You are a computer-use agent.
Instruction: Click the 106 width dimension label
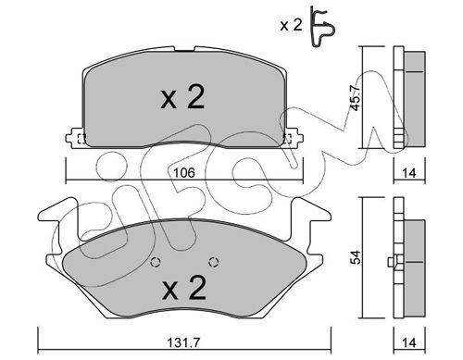183,173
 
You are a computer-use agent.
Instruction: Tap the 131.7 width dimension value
183,341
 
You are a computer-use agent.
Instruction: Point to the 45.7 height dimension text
356,97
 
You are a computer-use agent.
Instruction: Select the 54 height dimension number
356,257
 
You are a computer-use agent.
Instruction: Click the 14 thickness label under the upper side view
409,173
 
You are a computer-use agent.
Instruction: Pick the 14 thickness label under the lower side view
409,341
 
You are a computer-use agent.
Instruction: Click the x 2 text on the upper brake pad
182,97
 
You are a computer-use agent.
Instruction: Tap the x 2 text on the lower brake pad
184,288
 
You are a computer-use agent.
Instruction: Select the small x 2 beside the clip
291,25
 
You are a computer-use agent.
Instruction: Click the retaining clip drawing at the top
322,27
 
